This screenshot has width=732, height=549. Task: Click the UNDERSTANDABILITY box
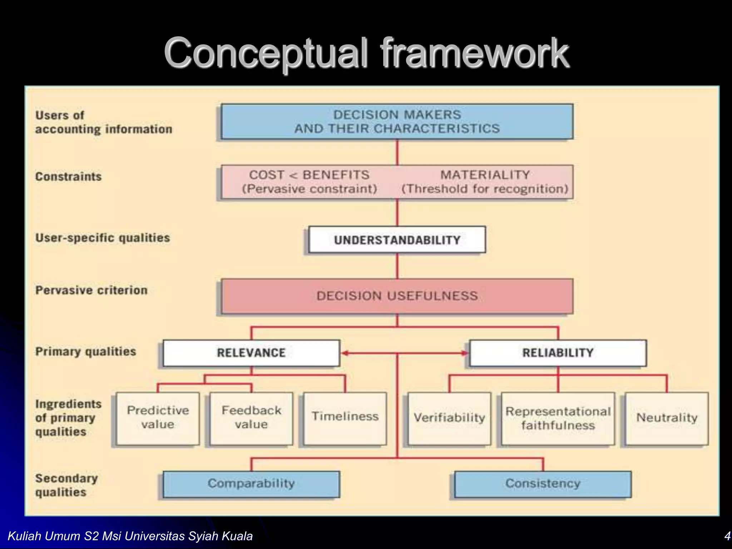[397, 240]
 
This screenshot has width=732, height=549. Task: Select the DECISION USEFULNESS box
[397, 296]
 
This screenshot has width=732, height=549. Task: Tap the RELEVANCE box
[251, 353]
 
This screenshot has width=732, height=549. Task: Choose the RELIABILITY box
[558, 353]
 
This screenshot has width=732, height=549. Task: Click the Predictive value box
[158, 418]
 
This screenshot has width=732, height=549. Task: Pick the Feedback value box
[251, 418]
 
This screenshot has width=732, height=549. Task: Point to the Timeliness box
[345, 418]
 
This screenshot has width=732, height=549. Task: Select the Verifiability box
[449, 418]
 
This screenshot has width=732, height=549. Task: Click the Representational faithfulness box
[558, 419]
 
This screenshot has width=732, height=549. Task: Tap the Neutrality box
[667, 418]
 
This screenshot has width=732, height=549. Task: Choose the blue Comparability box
[251, 484]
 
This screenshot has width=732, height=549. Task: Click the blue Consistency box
[543, 484]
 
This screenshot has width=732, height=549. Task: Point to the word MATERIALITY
[485, 175]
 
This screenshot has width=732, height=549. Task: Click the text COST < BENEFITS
[309, 175]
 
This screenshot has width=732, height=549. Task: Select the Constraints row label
[68, 177]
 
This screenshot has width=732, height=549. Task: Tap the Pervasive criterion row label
[91, 290]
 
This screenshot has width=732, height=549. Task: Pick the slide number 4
[727, 536]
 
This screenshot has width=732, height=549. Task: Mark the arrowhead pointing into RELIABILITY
[464, 353]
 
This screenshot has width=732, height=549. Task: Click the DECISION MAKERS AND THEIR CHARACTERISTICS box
[397, 122]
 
